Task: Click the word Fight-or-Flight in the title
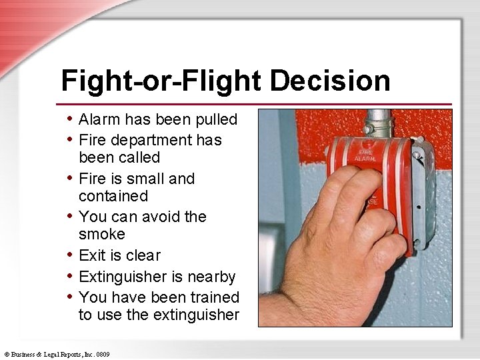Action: point(163,81)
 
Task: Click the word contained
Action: point(113,197)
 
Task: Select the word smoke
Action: point(102,235)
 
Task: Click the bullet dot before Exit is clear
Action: point(71,255)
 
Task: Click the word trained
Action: point(215,297)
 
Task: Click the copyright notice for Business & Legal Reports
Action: point(57,354)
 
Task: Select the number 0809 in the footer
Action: point(103,354)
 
